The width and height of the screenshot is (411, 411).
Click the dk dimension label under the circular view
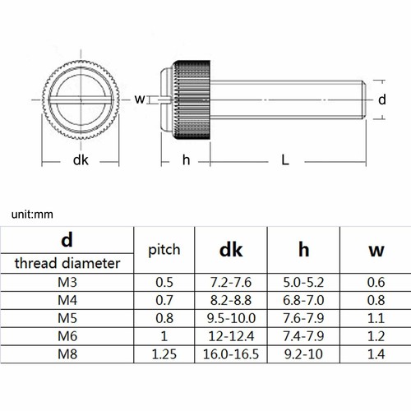click(x=81, y=160)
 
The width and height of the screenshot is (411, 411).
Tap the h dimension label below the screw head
click(x=187, y=159)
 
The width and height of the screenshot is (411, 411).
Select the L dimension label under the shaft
click(x=285, y=159)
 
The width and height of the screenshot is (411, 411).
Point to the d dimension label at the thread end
click(x=382, y=99)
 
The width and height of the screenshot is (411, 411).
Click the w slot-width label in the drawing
click(x=140, y=99)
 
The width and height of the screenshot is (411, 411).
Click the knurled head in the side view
click(x=192, y=100)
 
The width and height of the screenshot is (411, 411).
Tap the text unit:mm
click(x=32, y=215)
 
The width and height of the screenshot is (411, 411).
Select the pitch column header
click(x=164, y=250)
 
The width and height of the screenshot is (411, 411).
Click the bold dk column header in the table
click(x=231, y=250)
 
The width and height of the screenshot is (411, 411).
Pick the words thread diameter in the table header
click(x=67, y=263)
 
